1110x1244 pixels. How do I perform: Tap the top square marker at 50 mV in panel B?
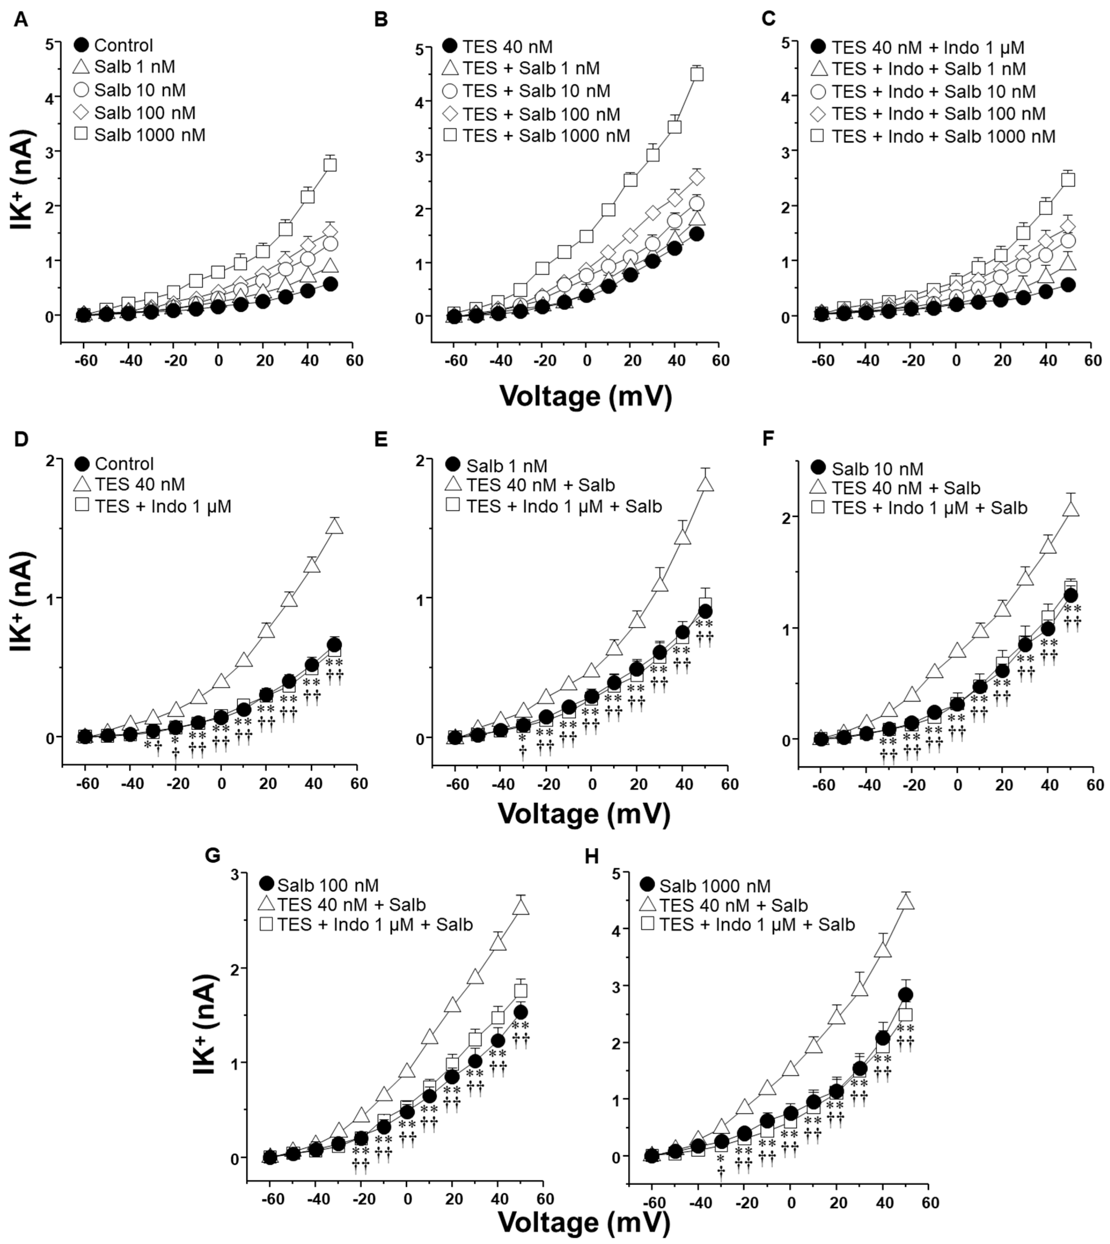click(697, 74)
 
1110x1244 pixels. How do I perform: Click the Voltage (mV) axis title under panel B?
click(585, 397)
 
